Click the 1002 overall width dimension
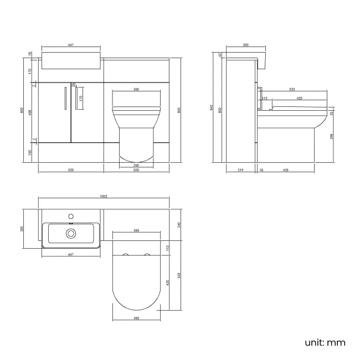pos(104,196)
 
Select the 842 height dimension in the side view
pos(211,107)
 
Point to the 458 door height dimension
pos(29,111)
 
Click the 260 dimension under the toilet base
pos(136,165)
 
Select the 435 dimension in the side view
pos(285,171)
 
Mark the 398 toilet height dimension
pos(331,136)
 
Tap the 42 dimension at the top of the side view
pos(219,55)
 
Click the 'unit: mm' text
pos(325,342)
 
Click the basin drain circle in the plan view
pos(71,233)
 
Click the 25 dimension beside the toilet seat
pos(331,113)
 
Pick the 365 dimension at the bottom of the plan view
pos(136,318)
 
